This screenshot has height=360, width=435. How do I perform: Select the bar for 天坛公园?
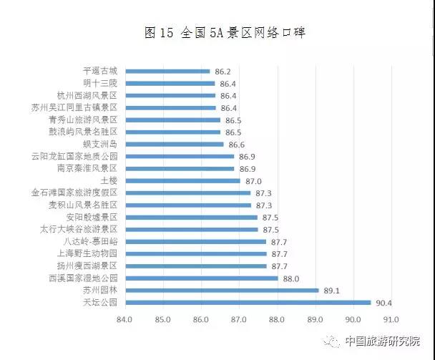tap(248, 302)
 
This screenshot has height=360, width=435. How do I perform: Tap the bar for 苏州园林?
tap(222, 290)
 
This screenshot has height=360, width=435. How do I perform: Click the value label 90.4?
tap(385, 302)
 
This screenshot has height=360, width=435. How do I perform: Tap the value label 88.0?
tap(290, 278)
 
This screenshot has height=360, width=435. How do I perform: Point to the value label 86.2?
tap(223, 71)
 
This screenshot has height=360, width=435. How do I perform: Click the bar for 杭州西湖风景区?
tap(170, 95)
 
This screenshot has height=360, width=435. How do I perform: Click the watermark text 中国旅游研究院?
tap(382, 341)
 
